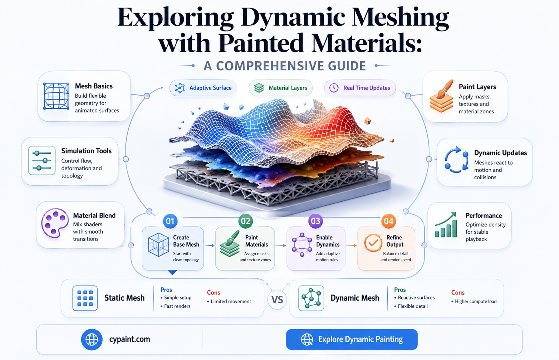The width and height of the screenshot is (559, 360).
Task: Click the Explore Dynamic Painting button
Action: [352, 339]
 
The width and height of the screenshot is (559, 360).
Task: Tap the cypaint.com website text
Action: [129, 339]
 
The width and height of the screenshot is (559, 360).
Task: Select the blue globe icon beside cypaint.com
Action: [92, 339]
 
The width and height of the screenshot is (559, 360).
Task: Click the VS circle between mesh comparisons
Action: [277, 299]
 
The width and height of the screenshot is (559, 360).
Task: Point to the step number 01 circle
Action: [170, 221]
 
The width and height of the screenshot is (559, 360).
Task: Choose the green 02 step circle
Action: [246, 221]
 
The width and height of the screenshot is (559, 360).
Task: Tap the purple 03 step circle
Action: [315, 221]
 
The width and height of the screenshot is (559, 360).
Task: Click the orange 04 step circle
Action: [388, 221]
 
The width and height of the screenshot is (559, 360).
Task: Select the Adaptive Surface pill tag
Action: [203, 88]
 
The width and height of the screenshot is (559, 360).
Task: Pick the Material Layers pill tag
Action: [280, 88]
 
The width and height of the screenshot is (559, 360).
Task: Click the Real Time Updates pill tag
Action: [359, 88]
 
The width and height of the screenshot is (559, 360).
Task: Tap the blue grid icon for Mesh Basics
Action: [56, 96]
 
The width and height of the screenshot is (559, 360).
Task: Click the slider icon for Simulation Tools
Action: [42, 161]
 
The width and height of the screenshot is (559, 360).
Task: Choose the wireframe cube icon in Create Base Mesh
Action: [158, 245]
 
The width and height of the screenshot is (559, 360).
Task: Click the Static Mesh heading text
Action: [124, 298]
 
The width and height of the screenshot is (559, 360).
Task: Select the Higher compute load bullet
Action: [474, 302]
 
